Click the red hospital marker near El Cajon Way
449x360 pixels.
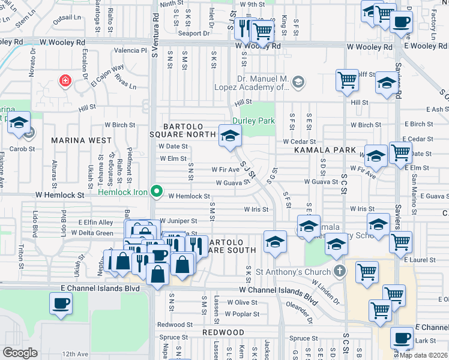(x=64, y=80)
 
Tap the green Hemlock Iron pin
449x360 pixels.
(x=157, y=192)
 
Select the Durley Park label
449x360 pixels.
(x=259, y=121)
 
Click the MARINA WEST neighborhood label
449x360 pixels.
(x=81, y=140)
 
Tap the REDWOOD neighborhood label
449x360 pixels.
(x=223, y=332)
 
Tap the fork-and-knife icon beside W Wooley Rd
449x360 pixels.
(x=244, y=27)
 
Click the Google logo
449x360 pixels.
(x=20, y=352)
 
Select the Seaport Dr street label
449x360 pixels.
(x=197, y=33)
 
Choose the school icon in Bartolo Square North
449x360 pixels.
(x=229, y=136)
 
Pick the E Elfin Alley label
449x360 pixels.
(x=95, y=222)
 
